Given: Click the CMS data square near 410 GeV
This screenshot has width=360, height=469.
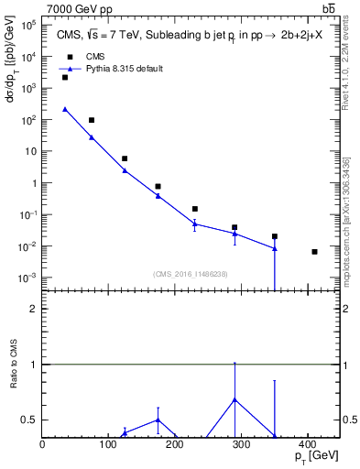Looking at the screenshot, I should coord(314,252).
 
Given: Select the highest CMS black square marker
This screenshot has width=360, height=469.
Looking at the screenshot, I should coord(65,78).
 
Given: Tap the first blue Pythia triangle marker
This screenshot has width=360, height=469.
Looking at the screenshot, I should coord(65,109).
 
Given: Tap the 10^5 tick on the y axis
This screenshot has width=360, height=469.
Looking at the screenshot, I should coord(27,26).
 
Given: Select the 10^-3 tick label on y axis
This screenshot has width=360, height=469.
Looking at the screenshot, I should coord(27,278).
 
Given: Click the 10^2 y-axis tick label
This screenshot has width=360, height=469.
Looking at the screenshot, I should coord(27,120).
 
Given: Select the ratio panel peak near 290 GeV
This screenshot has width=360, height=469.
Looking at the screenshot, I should coord(235,399).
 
